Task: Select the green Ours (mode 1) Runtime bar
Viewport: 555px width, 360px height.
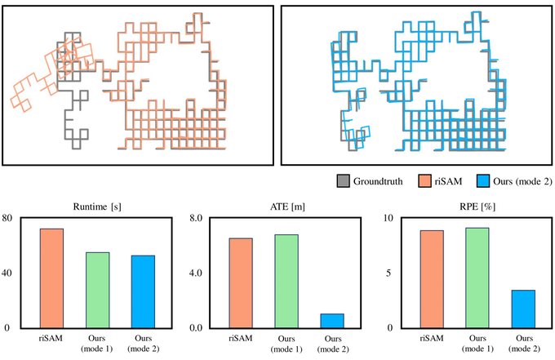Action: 97,290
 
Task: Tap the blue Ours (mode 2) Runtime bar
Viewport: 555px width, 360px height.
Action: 143,291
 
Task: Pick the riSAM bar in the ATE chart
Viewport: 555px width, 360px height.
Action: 241,282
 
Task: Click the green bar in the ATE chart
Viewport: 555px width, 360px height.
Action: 286,281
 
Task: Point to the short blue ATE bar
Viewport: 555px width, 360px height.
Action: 332,321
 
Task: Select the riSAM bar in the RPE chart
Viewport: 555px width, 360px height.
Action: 431,279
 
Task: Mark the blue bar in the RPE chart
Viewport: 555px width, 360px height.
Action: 522,309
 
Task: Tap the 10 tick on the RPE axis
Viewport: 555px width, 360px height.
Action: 389,218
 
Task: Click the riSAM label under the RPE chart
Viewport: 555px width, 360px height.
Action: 431,336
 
